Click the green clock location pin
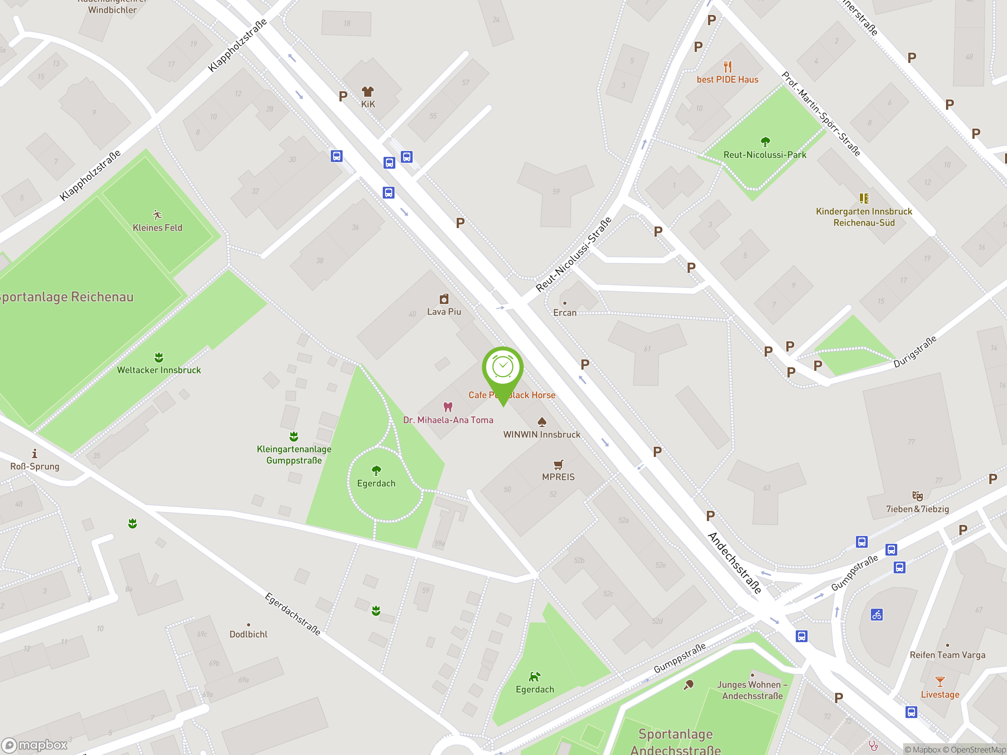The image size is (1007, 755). [503, 368]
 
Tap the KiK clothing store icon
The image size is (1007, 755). [367, 92]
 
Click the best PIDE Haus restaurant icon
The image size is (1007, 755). [727, 67]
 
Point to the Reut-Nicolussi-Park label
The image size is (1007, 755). [764, 155]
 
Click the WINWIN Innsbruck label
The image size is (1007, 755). [541, 435]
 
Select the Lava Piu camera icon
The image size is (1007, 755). [444, 299]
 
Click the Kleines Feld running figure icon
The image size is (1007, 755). [157, 215]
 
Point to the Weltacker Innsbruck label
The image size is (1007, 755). [159, 370]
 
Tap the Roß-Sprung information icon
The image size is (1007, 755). [35, 454]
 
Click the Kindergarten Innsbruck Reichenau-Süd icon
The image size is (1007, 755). [863, 199]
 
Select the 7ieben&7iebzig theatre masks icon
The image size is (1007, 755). [917, 496]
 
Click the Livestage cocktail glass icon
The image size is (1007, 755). [940, 682]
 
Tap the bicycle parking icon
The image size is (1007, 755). [877, 615]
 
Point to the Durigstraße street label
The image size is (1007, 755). [915, 351]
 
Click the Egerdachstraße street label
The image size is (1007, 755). [293, 614]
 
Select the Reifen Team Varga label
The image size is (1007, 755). [947, 655]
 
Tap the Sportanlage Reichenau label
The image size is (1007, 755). [66, 297]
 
